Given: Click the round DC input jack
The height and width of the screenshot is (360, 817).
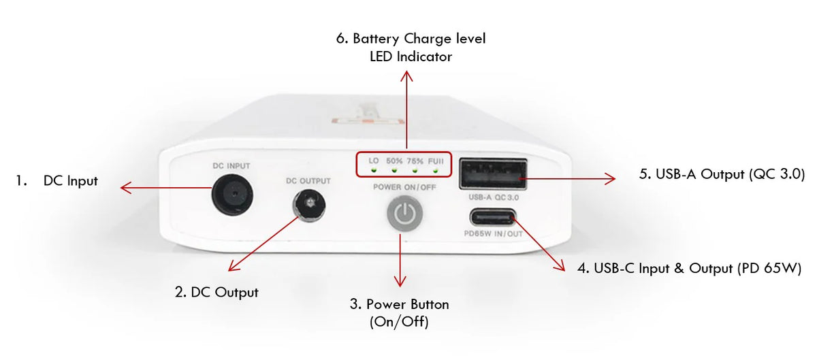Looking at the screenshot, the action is click(232, 195).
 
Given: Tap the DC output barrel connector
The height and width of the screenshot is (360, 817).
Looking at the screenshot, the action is click(309, 206).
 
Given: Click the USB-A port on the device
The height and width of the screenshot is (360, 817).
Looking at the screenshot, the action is click(493, 174).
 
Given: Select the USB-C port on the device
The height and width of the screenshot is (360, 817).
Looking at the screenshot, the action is click(493, 217).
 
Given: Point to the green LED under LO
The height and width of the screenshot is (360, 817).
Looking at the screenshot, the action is click(374, 170).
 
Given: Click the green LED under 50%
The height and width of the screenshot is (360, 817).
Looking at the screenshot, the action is click(394, 170).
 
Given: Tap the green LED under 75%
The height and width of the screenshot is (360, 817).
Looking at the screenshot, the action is click(415, 170).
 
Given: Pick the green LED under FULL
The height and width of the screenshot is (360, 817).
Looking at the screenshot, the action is click(436, 170).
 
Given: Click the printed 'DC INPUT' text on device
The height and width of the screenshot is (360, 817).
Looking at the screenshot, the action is click(231, 166).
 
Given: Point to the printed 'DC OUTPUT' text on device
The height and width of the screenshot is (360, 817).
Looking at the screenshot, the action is click(308, 181).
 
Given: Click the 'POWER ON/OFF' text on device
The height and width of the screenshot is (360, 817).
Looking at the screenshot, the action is click(404, 187).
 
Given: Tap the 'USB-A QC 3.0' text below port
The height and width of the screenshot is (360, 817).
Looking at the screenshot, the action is click(494, 197).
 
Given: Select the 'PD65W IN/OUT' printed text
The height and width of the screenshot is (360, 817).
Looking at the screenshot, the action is click(493, 234).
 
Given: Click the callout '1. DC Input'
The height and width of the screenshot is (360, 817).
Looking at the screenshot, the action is click(57, 181).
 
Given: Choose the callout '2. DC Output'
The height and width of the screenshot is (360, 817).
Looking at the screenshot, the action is click(217, 293).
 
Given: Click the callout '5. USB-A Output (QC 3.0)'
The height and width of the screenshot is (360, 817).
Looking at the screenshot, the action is click(722, 174).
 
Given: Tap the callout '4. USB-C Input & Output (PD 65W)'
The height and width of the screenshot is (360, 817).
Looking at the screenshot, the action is click(689, 268).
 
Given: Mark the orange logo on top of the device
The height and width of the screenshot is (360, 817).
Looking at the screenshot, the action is click(368, 121).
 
